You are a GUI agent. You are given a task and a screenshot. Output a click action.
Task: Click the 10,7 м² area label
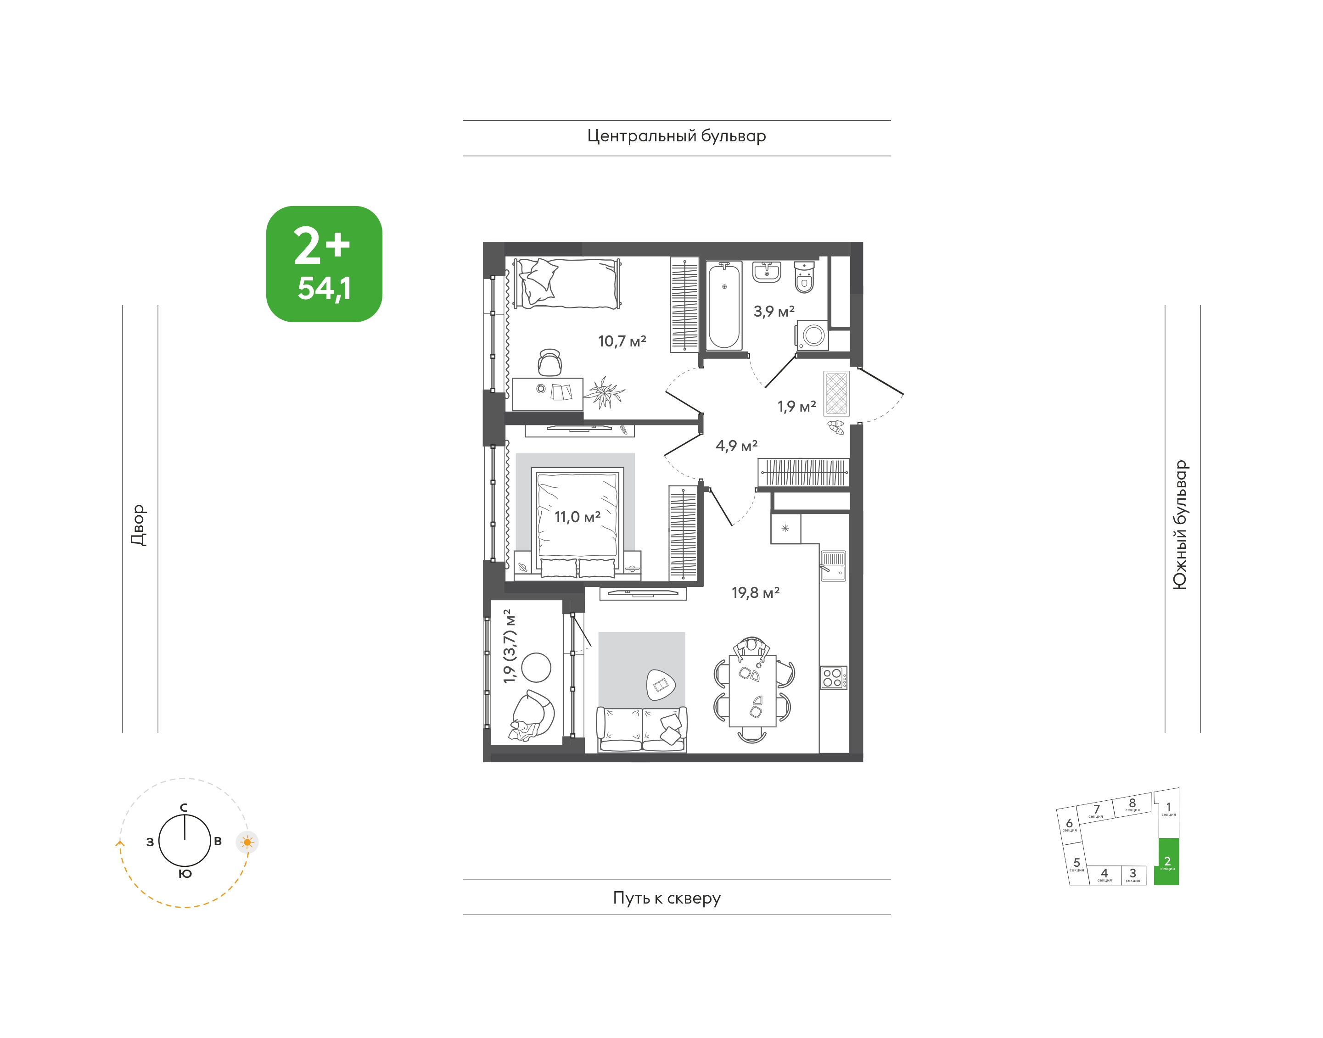(622, 341)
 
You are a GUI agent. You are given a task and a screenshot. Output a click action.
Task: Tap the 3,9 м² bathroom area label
(774, 311)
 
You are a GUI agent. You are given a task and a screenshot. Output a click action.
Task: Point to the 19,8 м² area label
(755, 592)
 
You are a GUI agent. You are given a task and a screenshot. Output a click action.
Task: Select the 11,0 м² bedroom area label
(577, 517)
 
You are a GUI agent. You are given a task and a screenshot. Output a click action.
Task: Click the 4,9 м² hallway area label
(736, 446)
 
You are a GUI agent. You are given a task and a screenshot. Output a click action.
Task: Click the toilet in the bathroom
(804, 277)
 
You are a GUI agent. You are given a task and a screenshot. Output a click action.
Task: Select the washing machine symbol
(812, 335)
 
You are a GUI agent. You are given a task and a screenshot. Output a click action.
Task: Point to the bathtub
(723, 306)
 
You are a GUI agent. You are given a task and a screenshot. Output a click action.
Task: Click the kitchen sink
(833, 566)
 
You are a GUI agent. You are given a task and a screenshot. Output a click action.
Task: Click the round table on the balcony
(536, 667)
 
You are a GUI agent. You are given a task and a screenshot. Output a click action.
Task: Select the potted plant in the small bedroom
(605, 392)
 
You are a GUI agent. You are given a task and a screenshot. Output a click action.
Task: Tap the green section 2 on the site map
(1166, 861)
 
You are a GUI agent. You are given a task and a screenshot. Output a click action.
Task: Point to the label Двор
(139, 525)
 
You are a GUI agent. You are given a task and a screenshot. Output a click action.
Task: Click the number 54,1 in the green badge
(324, 288)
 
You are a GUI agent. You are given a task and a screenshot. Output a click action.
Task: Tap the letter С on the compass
(184, 807)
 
